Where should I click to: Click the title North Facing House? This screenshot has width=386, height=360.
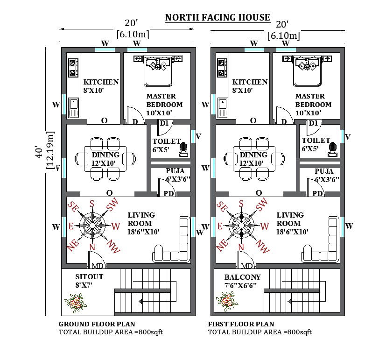(x=218, y=17)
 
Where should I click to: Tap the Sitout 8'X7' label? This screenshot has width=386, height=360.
(x=89, y=281)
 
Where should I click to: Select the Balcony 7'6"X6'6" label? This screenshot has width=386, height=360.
(x=242, y=281)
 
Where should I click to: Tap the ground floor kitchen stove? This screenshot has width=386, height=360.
(x=73, y=68)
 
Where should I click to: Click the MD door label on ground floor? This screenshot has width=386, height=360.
(x=98, y=266)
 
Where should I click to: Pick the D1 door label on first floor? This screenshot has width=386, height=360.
(x=313, y=123)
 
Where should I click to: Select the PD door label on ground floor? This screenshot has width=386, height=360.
(x=168, y=194)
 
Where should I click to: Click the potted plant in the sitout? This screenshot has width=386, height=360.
(x=76, y=303)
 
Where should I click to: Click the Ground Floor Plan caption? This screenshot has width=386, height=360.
(x=97, y=324)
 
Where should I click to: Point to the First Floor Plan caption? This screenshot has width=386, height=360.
(x=241, y=324)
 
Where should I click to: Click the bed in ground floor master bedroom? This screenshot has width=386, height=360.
(x=158, y=71)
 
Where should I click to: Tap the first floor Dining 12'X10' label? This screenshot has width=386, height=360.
(x=253, y=159)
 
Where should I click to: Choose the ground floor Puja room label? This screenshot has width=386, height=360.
(x=178, y=175)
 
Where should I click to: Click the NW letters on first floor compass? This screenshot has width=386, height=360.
(x=263, y=247)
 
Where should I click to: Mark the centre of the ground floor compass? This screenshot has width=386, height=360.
(x=92, y=226)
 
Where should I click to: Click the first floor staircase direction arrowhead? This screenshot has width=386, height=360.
(x=290, y=301)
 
